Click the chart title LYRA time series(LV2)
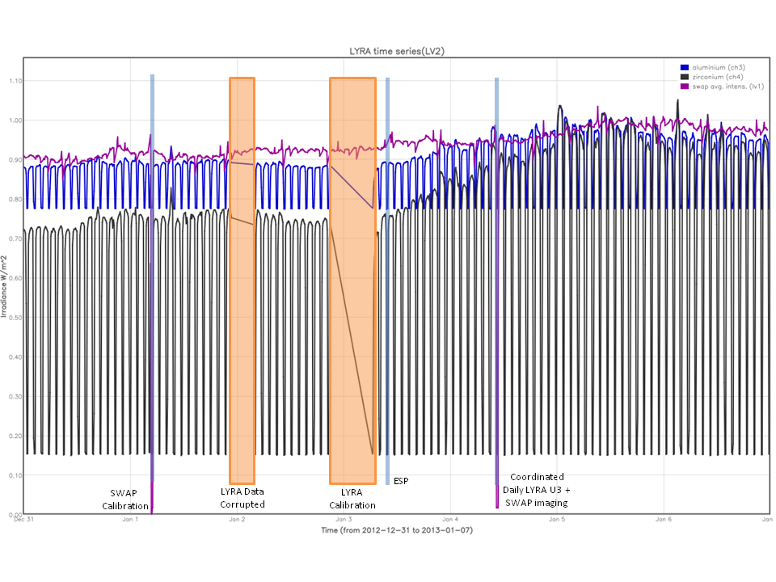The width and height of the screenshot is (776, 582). pos(391,51)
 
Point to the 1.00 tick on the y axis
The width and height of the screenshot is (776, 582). pos(15,120)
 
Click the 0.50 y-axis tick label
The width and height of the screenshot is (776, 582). pos(15,318)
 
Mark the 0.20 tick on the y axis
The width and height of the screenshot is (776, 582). pos(15,436)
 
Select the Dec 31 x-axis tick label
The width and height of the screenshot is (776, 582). pos(23,520)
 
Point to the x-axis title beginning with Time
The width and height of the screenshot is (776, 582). pos(396,530)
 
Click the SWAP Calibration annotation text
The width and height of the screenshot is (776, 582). pos(129,499)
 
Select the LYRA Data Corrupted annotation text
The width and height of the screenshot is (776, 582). pos(242,498)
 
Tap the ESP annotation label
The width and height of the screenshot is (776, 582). pos(401,482)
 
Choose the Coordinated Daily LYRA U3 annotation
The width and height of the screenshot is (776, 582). pos(538,490)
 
